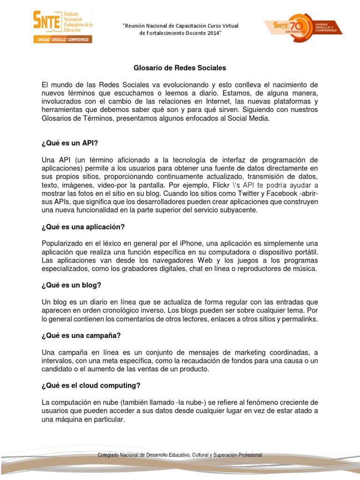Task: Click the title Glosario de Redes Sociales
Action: [180, 68]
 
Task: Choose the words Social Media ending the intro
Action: [250, 118]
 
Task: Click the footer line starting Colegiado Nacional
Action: [180, 455]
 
